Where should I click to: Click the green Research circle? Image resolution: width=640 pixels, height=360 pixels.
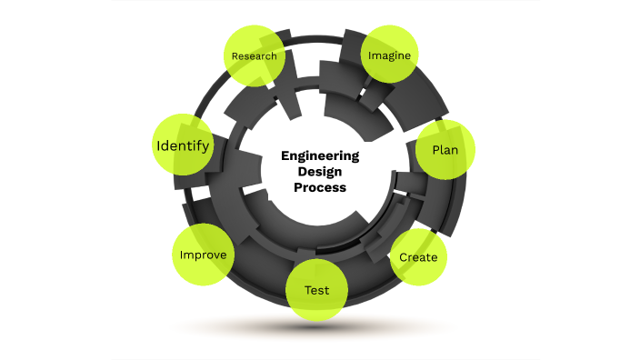tap(255, 55)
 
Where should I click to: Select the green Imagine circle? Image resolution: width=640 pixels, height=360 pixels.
tap(390, 55)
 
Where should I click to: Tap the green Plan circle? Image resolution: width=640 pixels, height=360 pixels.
tap(445, 149)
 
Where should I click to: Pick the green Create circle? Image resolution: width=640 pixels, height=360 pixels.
tap(418, 257)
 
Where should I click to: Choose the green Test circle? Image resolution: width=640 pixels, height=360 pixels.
tap(316, 291)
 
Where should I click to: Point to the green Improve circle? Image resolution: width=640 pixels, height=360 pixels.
tap(203, 255)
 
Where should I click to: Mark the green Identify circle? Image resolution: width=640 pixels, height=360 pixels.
tap(184, 145)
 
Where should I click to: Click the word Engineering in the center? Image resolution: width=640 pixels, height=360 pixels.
tap(320, 155)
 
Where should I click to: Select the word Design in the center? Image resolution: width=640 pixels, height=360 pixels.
tap(320, 171)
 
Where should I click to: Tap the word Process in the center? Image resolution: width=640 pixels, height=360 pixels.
tap(320, 187)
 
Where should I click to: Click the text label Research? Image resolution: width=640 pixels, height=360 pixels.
tap(255, 56)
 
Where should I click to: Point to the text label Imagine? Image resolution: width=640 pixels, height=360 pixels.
tap(390, 55)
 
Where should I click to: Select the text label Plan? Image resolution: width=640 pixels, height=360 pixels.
tap(445, 149)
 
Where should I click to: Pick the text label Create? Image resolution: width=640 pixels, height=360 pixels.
tap(418, 257)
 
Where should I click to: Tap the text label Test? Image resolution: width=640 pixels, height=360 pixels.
tap(316, 291)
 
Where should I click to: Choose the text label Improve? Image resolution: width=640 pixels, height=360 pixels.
tap(203, 255)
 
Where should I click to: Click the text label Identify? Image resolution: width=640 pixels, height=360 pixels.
tap(184, 145)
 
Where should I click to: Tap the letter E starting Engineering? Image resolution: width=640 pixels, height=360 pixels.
tap(285, 155)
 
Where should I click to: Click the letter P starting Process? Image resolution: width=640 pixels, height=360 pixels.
tap(297, 187)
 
